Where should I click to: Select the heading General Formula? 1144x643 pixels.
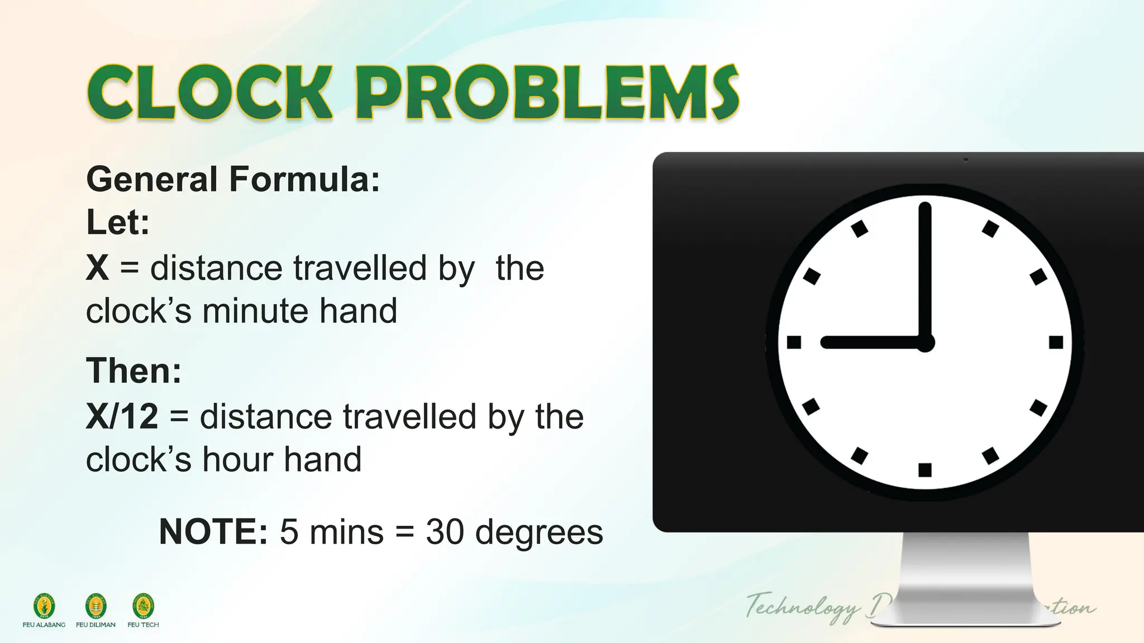coord(233,180)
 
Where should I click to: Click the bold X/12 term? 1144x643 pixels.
coord(122,416)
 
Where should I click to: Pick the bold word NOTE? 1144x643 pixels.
coord(213,531)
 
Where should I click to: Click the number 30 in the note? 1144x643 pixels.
coord(444,531)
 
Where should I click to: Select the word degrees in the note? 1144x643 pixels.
coord(539,531)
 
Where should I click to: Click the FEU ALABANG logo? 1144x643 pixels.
coord(44,607)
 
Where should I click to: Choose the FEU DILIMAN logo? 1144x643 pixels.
coord(96,607)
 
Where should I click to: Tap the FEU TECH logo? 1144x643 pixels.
coord(143,607)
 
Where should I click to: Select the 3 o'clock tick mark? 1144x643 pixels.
coord(1056,342)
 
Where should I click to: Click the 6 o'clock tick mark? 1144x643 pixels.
coord(925,469)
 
